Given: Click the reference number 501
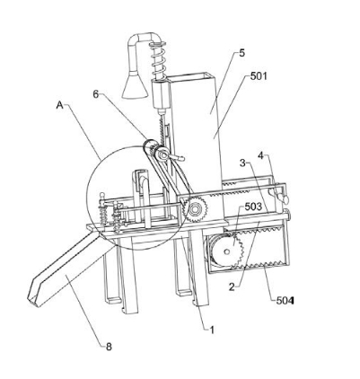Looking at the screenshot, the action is [259, 76].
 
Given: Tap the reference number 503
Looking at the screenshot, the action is [253, 207].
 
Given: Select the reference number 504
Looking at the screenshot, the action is [285, 300].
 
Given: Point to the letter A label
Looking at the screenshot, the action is [60, 105].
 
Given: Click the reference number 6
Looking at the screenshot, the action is [96, 94].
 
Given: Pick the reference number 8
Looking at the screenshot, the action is [109, 347].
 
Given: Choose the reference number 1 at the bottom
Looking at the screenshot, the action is [212, 330].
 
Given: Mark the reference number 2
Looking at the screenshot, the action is [232, 287].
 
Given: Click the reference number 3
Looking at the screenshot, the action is [242, 163].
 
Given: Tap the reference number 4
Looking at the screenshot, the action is [261, 156].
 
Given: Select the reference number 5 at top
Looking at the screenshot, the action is [241, 53].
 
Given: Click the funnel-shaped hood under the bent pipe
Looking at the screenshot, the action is [135, 85].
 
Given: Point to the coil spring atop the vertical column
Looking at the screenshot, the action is [158, 60].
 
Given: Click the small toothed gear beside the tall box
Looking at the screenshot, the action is [196, 209].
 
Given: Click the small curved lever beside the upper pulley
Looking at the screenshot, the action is [177, 157].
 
